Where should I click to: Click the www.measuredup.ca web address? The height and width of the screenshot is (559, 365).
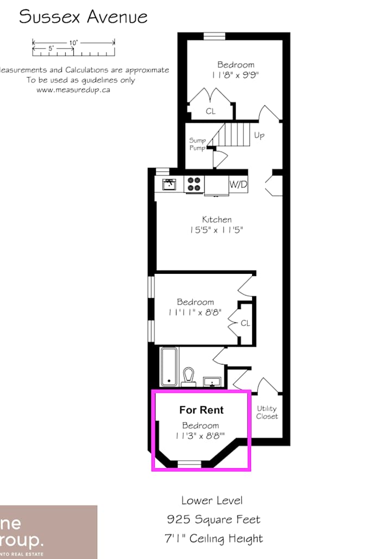pyautogui.click(x=73, y=90)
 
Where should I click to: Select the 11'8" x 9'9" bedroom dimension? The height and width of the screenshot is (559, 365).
pyautogui.click(x=235, y=75)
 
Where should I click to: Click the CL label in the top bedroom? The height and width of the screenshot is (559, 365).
pyautogui.click(x=210, y=111)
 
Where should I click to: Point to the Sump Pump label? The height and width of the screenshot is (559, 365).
pyautogui.click(x=197, y=144)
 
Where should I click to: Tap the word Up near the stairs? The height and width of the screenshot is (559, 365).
pyautogui.click(x=259, y=135)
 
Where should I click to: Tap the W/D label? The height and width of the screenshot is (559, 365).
pyautogui.click(x=238, y=185)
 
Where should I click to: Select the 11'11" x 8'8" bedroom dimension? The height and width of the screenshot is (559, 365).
pyautogui.click(x=195, y=312)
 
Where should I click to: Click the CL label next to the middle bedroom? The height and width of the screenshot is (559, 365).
pyautogui.click(x=245, y=323)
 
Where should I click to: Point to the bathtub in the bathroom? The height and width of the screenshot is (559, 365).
pyautogui.click(x=168, y=366)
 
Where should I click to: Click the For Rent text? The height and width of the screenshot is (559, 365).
pyautogui.click(x=202, y=410)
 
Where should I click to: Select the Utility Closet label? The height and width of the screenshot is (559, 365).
pyautogui.click(x=267, y=412)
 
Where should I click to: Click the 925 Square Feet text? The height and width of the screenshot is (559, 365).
pyautogui.click(x=213, y=519)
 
